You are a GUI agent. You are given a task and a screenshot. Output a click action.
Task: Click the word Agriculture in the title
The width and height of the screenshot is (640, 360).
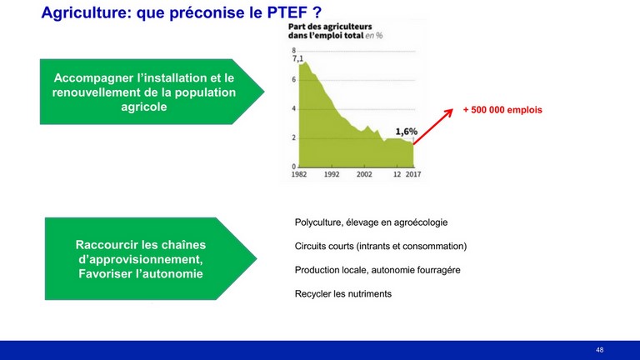coord(86,13)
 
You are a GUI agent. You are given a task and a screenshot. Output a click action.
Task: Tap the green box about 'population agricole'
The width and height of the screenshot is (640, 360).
coord(152,92)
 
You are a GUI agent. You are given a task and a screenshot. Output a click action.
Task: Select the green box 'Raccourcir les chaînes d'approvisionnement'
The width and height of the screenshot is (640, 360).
coord(151,259)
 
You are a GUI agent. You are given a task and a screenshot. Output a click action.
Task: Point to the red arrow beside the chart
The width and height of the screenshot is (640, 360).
coord(433,127)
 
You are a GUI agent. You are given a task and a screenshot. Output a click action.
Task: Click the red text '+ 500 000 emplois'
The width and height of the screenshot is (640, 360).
coord(502,110)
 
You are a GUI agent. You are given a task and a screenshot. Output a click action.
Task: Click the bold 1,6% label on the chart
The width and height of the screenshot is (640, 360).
coord(406,132)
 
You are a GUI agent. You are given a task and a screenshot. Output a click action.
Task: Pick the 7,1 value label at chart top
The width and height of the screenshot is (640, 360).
coord(297,59)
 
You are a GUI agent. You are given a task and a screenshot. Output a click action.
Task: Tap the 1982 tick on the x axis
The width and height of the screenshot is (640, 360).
coord(299,174)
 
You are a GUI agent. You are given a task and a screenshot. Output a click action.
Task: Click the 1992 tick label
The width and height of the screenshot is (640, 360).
coord(332,174)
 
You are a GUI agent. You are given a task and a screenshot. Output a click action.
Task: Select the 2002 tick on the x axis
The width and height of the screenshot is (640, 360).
coord(364,174)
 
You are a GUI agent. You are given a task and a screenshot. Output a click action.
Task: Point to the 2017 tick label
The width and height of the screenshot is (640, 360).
coord(413,174)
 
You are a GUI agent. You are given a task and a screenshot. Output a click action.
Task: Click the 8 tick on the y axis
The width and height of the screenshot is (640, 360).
coord(293,51)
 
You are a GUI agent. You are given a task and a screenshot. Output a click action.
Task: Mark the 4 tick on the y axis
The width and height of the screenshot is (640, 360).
coord(293,109)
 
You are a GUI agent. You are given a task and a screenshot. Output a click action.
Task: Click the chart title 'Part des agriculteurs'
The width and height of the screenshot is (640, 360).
coord(330,27)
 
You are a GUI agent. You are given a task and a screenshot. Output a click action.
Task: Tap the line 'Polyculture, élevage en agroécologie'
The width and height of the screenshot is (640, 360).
coord(371,222)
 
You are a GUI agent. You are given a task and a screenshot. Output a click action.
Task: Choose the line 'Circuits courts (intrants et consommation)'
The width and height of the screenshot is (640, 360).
coord(380,246)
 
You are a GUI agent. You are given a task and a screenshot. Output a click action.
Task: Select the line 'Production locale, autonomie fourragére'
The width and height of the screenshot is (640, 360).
coord(377,270)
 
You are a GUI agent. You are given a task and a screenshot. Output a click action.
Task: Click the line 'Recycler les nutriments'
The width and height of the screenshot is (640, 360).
coord(342,294)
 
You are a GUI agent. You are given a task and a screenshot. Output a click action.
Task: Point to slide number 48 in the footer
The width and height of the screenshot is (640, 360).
coord(600,350)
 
